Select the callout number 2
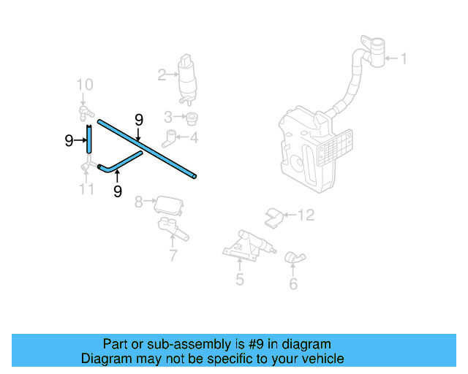pyautogui.click(x=162, y=74)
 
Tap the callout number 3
pyautogui.click(x=168, y=116)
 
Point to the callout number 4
pyautogui.click(x=194, y=137)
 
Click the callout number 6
pyautogui.click(x=293, y=284)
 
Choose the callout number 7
pyautogui.click(x=173, y=256)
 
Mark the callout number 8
pyautogui.click(x=138, y=201)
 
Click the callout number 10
pyautogui.click(x=85, y=85)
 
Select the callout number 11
pyautogui.click(x=87, y=189)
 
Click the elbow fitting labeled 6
pyautogui.click(x=295, y=257)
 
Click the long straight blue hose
pyautogui.click(x=146, y=149)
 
